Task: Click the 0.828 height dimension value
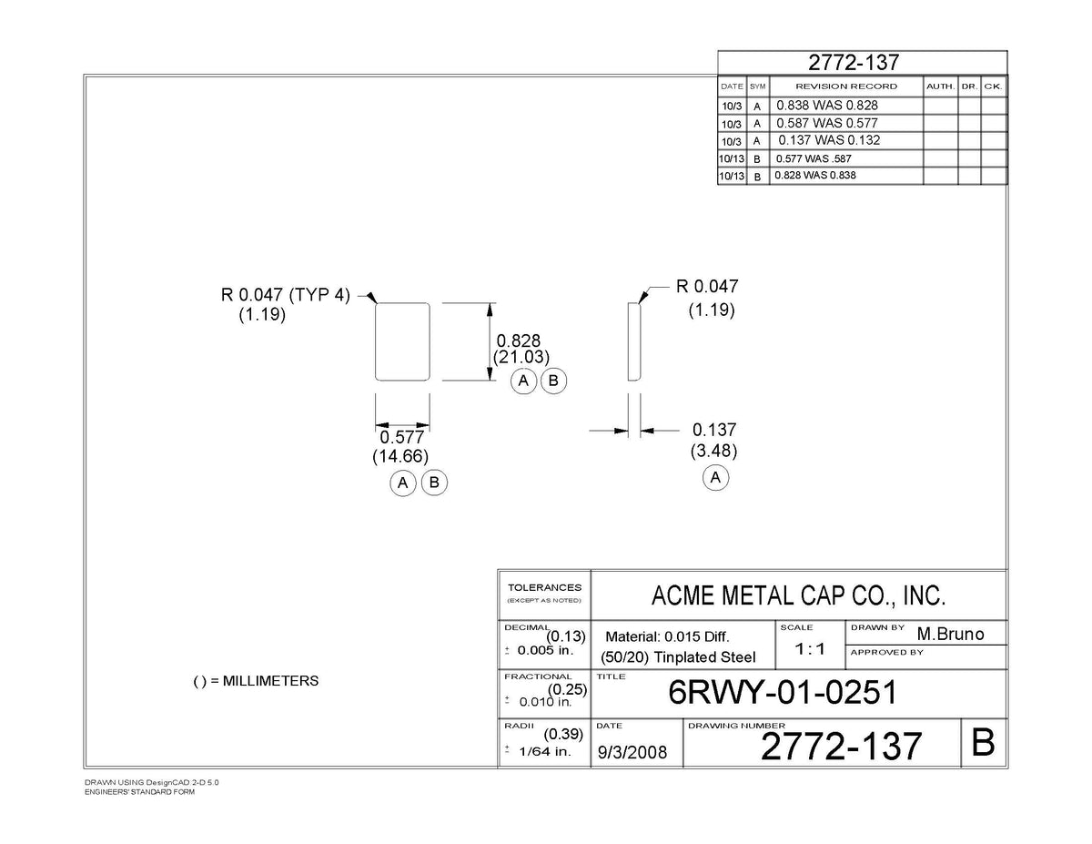click(x=518, y=341)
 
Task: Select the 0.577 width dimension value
click(x=401, y=437)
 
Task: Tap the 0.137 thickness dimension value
click(x=713, y=430)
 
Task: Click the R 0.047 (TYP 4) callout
click(x=285, y=295)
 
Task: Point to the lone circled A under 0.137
click(x=715, y=477)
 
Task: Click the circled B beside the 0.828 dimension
click(x=553, y=381)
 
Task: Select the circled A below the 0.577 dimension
click(x=402, y=483)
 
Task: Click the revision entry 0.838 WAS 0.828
click(x=826, y=105)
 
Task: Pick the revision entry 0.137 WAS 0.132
click(x=829, y=139)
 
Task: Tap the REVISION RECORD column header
click(x=845, y=86)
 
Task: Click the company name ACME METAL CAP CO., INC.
click(x=798, y=595)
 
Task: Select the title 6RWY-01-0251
click(x=783, y=692)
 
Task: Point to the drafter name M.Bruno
click(x=950, y=634)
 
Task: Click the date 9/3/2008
click(x=632, y=752)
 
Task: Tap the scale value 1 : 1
click(x=810, y=649)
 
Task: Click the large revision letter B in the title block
click(x=983, y=743)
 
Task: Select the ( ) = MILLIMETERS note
click(x=256, y=681)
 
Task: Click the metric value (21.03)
click(x=521, y=357)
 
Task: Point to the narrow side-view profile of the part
click(x=634, y=341)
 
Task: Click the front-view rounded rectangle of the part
click(x=376, y=341)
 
